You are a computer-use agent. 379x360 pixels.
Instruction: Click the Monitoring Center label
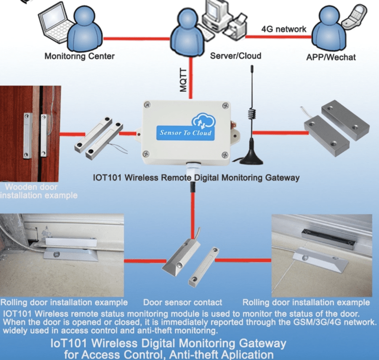click(x=79, y=56)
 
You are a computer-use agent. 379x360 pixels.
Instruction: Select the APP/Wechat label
click(x=331, y=57)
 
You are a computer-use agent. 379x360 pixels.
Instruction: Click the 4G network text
click(x=283, y=29)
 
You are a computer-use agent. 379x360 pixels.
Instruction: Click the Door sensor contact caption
click(x=182, y=302)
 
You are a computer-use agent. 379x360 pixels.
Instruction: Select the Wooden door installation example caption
click(x=39, y=191)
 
